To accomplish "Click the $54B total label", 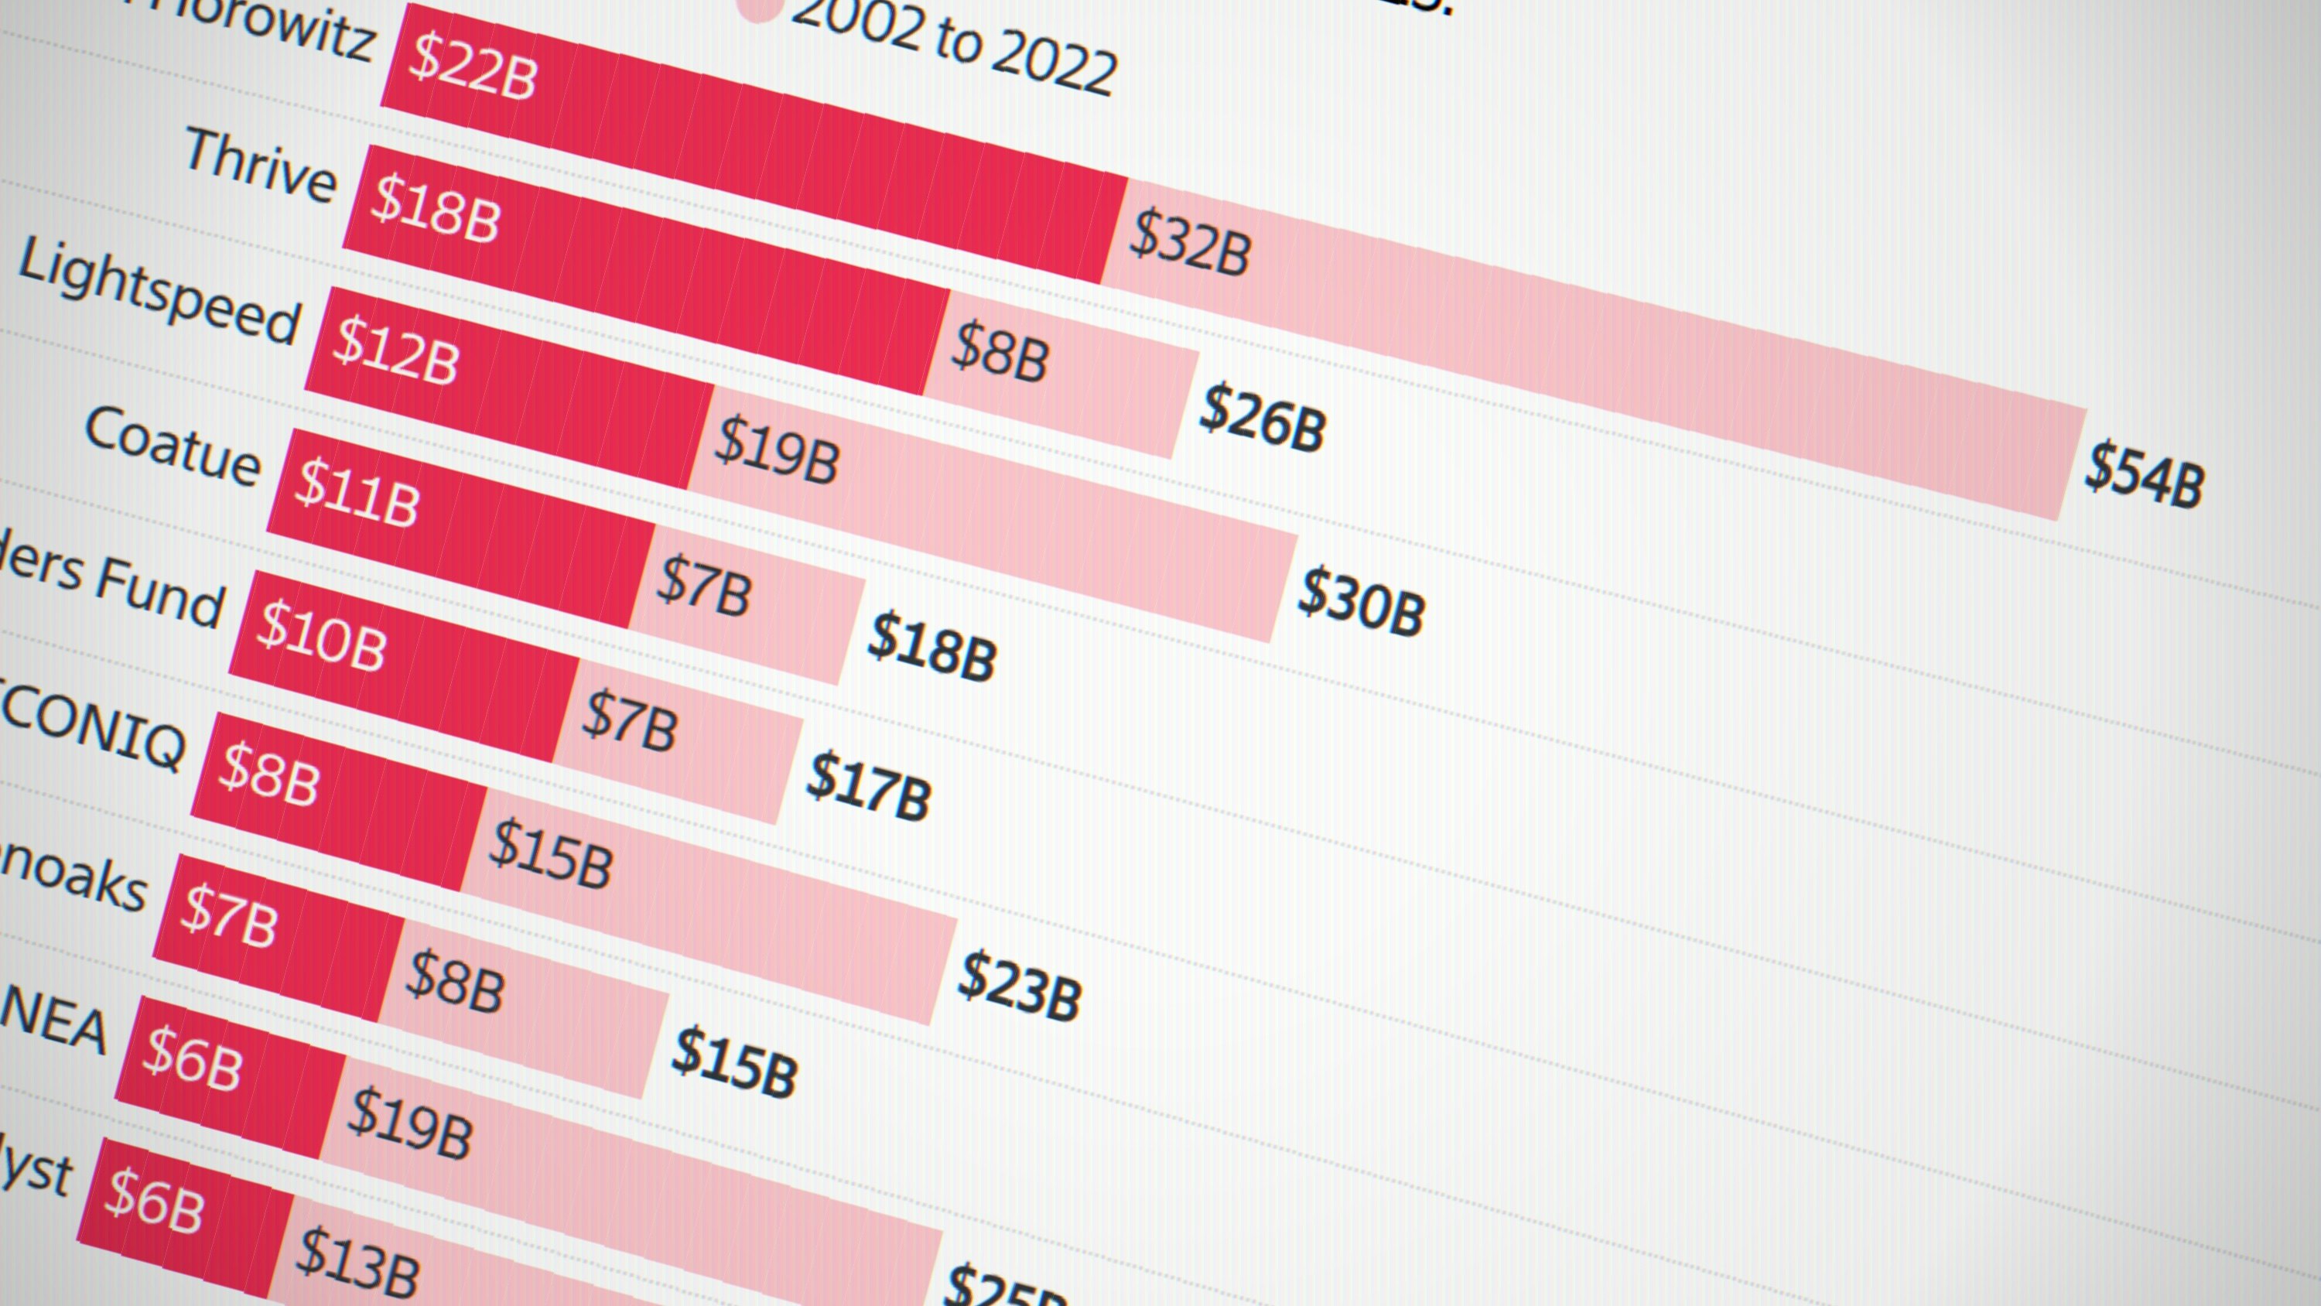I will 2144,475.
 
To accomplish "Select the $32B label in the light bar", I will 1189,242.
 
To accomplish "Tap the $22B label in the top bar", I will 472,67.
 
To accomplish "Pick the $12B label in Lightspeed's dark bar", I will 395,350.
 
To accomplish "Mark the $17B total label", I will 869,789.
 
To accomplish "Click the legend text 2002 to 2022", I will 953,45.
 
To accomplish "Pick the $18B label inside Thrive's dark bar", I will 435,210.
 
